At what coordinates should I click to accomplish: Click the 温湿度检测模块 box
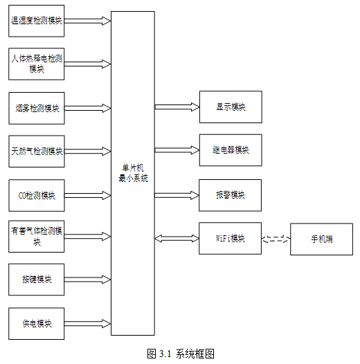(37, 21)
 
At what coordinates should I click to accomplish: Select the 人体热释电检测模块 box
(37, 64)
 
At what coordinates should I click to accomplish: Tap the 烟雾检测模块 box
(37, 108)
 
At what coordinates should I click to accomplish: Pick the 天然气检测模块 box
(37, 152)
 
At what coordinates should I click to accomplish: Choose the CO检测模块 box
(37, 195)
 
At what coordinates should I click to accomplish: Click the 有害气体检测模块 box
(37, 236)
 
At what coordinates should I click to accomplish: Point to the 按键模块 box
(37, 280)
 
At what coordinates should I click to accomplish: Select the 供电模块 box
(37, 324)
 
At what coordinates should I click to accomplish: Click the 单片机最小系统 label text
(133, 173)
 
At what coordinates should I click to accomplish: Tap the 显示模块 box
(231, 107)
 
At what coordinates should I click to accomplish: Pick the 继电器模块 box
(231, 150)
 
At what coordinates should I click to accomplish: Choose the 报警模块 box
(230, 195)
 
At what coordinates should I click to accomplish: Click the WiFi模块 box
(230, 239)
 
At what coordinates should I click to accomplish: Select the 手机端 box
(321, 239)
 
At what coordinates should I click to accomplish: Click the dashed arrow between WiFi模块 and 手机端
(276, 239)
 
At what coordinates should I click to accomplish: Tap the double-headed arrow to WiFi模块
(177, 239)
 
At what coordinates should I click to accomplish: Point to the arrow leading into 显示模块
(177, 107)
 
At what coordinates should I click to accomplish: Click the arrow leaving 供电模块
(87, 324)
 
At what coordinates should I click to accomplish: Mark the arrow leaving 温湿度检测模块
(87, 21)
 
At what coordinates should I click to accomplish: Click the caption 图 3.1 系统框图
(181, 354)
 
